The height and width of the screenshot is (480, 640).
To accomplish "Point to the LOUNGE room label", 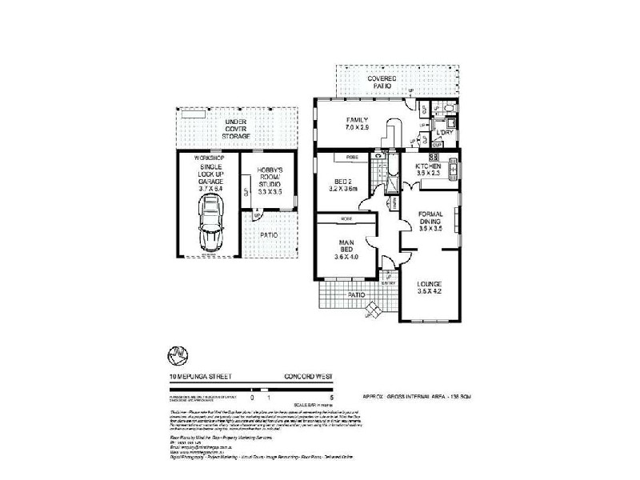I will (430, 284).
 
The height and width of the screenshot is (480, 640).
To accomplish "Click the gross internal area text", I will (414, 396).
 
